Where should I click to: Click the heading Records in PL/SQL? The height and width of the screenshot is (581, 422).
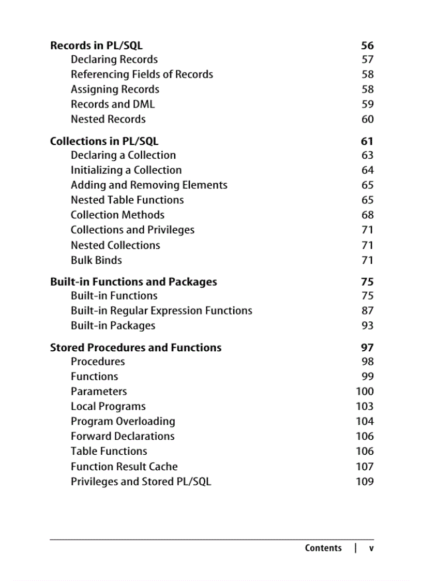96,46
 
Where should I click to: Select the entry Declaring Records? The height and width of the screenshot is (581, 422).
114,59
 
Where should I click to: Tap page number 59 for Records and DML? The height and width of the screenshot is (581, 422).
367,104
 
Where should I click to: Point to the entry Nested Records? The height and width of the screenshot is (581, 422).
108,119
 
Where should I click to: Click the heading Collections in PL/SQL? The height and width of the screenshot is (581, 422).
104,141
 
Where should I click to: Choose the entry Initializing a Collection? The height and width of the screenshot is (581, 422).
126,170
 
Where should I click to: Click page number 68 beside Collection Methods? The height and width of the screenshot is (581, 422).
367,215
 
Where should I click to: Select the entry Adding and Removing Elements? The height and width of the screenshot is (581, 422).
149,185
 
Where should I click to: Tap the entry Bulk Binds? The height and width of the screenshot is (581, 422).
96,260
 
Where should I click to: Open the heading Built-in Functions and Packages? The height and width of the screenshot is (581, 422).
133,282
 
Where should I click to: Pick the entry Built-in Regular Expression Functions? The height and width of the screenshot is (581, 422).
161,311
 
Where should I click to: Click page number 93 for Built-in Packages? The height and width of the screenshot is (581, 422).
367,326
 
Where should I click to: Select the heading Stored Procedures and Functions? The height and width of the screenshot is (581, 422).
135,348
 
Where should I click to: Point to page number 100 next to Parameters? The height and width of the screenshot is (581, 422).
365,392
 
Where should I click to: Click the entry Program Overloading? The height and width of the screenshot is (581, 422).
123,422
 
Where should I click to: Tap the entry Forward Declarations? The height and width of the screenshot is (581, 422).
123,436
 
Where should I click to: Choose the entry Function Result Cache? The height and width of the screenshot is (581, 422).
124,467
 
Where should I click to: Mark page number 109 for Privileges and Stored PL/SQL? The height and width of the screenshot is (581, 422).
365,482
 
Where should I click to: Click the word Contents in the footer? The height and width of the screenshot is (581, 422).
323,548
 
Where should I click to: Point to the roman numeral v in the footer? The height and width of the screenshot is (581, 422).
371,548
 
